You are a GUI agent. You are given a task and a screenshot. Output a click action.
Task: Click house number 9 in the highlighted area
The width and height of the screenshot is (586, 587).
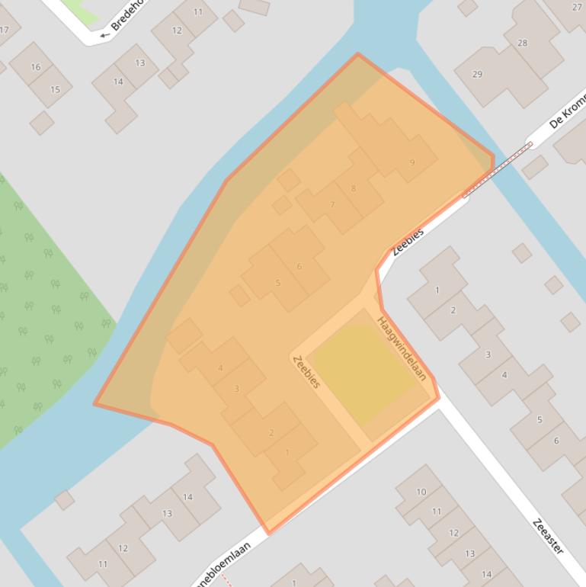tap(412, 162)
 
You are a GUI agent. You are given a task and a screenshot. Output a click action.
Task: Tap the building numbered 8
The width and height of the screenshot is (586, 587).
tap(354, 188)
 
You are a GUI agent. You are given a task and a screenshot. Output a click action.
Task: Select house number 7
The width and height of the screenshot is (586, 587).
tap(332, 205)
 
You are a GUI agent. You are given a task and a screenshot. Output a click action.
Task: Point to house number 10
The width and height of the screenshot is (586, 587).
tap(421, 492)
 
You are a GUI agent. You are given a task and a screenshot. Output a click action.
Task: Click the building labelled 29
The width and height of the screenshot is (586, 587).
tap(478, 74)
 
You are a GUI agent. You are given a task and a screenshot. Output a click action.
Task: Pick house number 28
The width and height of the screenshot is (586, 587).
tap(522, 43)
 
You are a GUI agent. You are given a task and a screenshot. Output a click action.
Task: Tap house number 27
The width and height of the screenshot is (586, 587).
tap(575, 8)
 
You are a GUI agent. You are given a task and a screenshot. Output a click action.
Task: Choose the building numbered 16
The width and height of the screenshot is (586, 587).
tap(35, 67)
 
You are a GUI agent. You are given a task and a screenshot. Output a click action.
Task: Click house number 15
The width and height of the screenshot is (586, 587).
tap(55, 89)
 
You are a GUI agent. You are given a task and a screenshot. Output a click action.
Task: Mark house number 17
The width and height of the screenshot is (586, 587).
tap(5, 30)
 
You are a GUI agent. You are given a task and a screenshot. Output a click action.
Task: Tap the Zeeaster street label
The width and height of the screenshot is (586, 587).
tap(549, 537)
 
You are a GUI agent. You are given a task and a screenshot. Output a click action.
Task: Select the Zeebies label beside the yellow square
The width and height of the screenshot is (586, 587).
tap(306, 371)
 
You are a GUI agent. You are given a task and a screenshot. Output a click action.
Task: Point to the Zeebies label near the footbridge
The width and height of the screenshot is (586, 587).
tap(408, 242)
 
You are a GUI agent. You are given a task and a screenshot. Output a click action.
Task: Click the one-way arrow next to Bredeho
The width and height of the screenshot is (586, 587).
tap(104, 34)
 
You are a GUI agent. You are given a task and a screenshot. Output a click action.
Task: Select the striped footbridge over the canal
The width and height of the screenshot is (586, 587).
tap(498, 169)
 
